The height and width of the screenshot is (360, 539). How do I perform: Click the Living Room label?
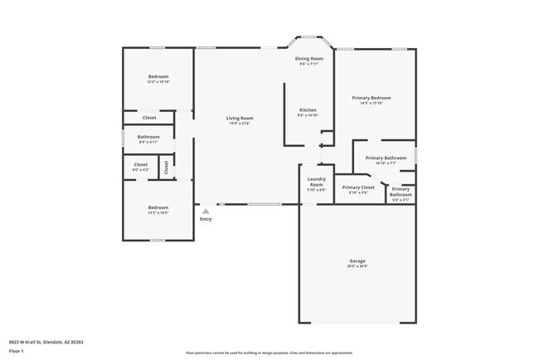click(x=240, y=119)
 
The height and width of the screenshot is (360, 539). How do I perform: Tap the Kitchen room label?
click(x=308, y=110)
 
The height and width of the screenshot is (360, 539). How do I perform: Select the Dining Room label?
click(x=309, y=59)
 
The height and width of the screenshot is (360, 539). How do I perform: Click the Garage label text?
click(x=357, y=261)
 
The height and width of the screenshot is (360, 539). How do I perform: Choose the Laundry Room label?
click(x=316, y=181)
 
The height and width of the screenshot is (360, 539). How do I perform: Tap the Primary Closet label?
click(x=358, y=187)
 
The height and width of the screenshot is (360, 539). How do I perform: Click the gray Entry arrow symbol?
click(x=206, y=211)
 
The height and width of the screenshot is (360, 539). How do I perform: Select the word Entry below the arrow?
click(x=206, y=219)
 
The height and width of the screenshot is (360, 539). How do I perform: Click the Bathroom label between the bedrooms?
click(x=148, y=137)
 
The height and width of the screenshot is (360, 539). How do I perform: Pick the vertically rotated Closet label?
click(x=166, y=167)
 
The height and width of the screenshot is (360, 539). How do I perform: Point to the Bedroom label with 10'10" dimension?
click(x=158, y=76)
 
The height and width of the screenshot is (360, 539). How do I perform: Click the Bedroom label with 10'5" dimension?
click(x=158, y=207)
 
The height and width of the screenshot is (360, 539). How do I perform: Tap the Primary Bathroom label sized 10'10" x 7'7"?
click(x=386, y=158)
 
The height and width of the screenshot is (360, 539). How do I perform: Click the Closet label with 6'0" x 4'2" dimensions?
click(x=141, y=164)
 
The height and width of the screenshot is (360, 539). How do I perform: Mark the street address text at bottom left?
click(x=46, y=342)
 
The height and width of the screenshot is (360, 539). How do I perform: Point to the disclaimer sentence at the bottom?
click(x=269, y=352)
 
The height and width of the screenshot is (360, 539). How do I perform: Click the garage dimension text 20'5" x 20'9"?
click(x=357, y=266)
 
